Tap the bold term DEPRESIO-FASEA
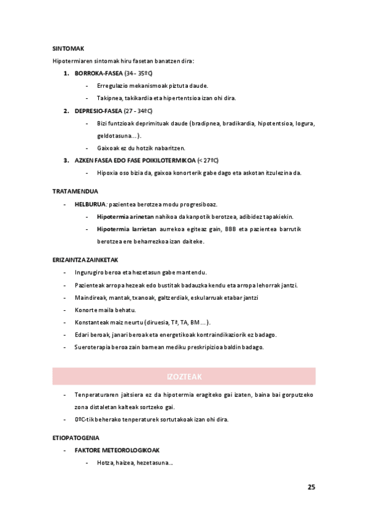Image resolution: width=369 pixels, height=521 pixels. tap(98, 111)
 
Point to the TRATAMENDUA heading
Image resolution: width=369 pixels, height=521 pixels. tap(75, 191)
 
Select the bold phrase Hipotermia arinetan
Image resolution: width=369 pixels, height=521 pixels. tap(125, 216)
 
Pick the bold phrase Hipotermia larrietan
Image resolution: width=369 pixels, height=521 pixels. tap(126, 229)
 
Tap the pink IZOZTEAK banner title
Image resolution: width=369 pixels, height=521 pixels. tap(184, 376)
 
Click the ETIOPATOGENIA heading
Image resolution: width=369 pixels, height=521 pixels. tap(76, 438)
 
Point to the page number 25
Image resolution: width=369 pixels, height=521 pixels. tap(311, 487)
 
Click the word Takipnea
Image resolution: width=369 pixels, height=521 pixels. tap(109, 98)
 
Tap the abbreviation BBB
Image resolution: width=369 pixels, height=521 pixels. tap(231, 229)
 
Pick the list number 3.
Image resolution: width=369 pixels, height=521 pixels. tap(66, 160)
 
